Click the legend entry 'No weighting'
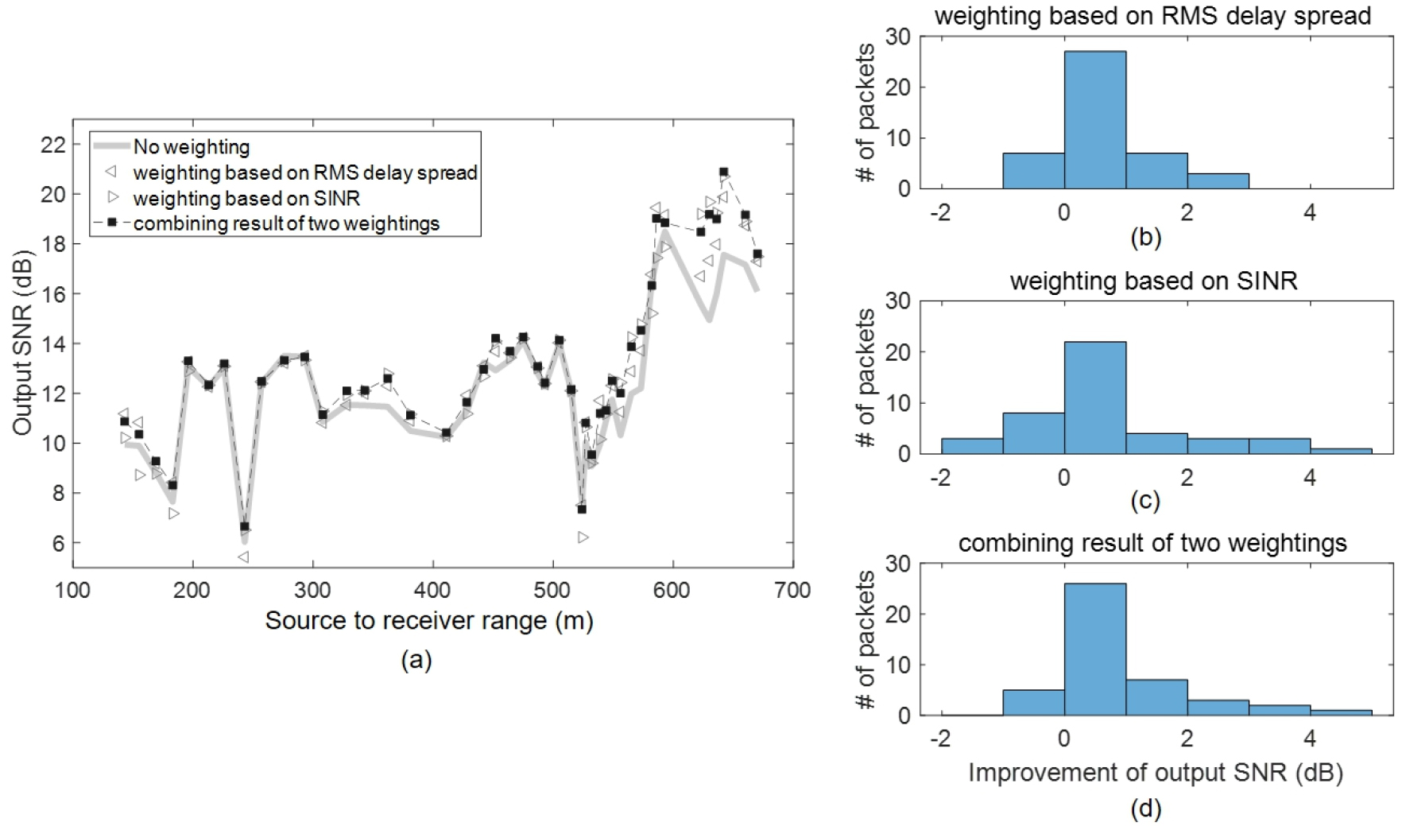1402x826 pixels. [x=192, y=147]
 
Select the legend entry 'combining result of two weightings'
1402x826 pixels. [x=286, y=223]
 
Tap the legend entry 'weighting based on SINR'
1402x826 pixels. [x=246, y=198]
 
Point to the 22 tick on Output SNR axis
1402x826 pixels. [x=58, y=145]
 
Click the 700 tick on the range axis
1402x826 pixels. [x=792, y=590]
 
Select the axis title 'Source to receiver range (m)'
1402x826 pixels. [x=429, y=620]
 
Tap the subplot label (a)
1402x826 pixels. [x=416, y=660]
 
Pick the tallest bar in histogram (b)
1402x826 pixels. [x=1094, y=120]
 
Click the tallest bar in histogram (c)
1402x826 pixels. [x=1094, y=397]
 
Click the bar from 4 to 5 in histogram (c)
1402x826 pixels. [x=1341, y=451]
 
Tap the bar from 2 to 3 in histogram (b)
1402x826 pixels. [x=1218, y=181]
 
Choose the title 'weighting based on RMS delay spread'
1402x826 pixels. [x=1152, y=16]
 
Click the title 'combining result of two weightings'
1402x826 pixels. [x=1152, y=543]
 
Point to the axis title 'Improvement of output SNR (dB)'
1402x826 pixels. [x=1156, y=773]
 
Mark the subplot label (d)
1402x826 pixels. [x=1145, y=809]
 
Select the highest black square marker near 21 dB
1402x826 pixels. [x=723, y=172]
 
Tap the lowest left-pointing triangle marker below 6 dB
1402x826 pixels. [x=243, y=557]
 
